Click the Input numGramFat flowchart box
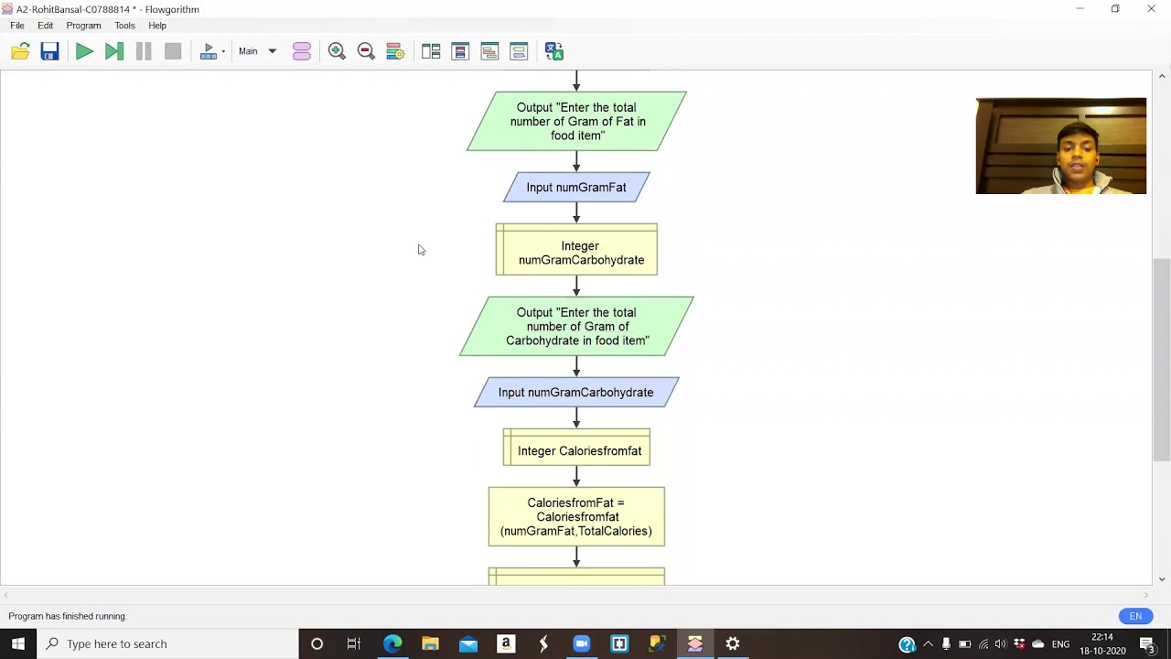(576, 188)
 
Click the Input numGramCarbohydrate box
(576, 393)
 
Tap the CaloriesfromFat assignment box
(576, 517)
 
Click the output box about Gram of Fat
(576, 121)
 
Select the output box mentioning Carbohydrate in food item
(576, 326)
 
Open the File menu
(17, 26)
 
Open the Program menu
(83, 26)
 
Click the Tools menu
(124, 26)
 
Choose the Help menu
(157, 26)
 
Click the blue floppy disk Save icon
(49, 51)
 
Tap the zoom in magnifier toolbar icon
(337, 51)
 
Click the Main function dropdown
(257, 51)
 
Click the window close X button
(1151, 9)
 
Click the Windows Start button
(18, 643)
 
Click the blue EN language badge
(1135, 616)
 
